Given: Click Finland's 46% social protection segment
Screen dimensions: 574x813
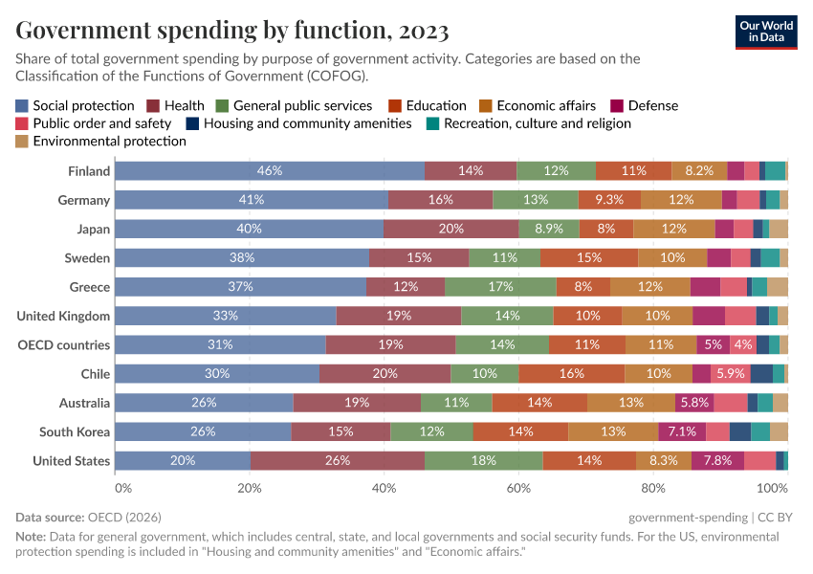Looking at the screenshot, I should (x=270, y=171).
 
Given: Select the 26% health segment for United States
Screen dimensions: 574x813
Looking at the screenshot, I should (x=338, y=460).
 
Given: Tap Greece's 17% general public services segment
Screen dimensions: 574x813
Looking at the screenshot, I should (x=500, y=287).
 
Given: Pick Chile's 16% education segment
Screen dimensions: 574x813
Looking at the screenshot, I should (x=572, y=373).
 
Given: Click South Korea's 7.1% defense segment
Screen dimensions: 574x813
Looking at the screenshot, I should (x=682, y=431).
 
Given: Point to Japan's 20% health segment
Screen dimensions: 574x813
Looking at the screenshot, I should (x=450, y=229).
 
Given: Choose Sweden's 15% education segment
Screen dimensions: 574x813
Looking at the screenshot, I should (x=589, y=257).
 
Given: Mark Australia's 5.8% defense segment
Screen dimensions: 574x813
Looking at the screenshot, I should (x=694, y=403).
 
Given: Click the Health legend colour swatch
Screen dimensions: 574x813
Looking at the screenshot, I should (x=153, y=106).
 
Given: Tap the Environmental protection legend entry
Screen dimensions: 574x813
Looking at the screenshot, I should (x=109, y=141).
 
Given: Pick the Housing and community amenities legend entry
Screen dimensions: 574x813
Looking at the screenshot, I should (x=307, y=123).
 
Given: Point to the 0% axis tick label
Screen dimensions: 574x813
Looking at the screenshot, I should (x=123, y=488).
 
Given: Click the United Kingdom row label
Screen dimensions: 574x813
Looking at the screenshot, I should (x=64, y=316).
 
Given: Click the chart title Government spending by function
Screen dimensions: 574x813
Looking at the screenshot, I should (x=232, y=32).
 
